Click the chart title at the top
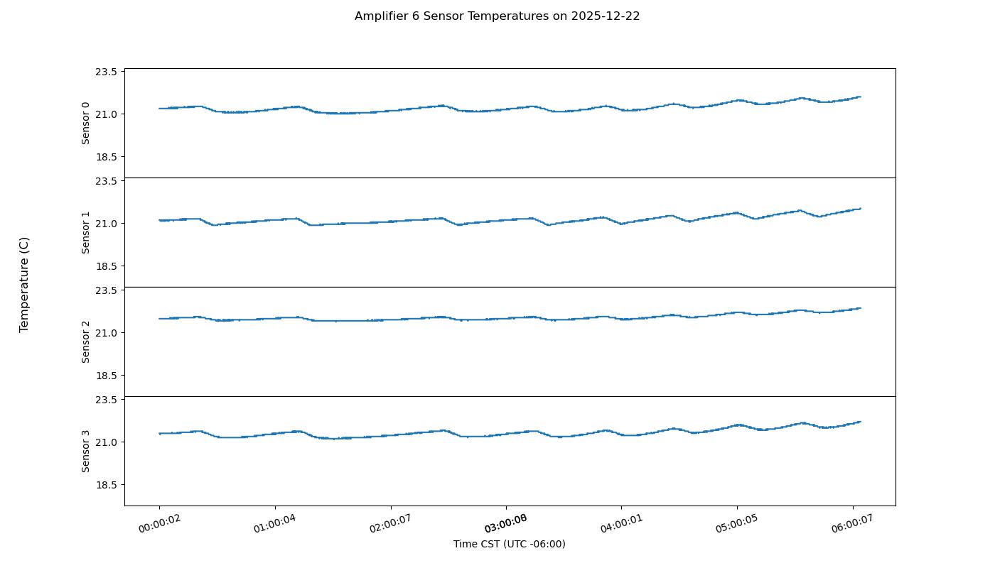coord(497,16)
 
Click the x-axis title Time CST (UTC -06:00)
coord(509,544)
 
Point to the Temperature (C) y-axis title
coord(24,285)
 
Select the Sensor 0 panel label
coord(86,123)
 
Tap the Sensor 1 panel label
coord(86,232)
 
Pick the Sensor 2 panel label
coord(86,342)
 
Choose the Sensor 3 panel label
coord(86,451)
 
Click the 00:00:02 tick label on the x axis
coord(159,524)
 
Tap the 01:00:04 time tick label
coord(275,524)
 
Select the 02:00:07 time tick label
coord(390,524)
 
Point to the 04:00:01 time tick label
coord(621,524)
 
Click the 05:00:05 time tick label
coord(737,524)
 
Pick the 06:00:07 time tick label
coord(852,524)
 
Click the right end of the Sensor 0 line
coord(860,97)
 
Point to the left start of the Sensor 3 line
coord(159,433)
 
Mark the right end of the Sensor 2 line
coord(860,308)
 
